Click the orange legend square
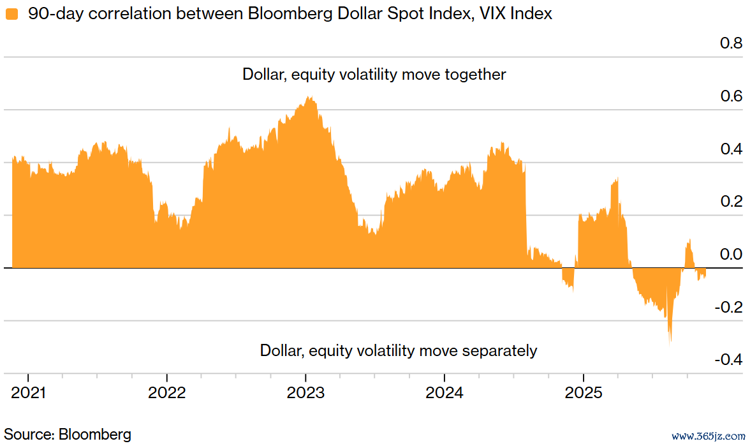click(x=11, y=14)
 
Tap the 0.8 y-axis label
click(x=731, y=43)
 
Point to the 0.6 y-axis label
click(x=731, y=96)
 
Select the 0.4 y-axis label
click(x=731, y=149)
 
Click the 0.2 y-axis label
click(x=731, y=202)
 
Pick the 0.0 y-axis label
click(x=731, y=255)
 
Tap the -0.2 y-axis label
click(x=729, y=308)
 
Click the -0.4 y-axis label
click(x=729, y=360)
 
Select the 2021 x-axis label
click(x=29, y=392)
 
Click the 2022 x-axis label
click(x=167, y=392)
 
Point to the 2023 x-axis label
click(x=306, y=392)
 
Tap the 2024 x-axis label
click(x=445, y=392)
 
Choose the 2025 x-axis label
click(x=584, y=392)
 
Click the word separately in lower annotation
click(x=499, y=351)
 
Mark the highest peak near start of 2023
click(x=309, y=98)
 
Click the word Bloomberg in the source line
click(x=94, y=435)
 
